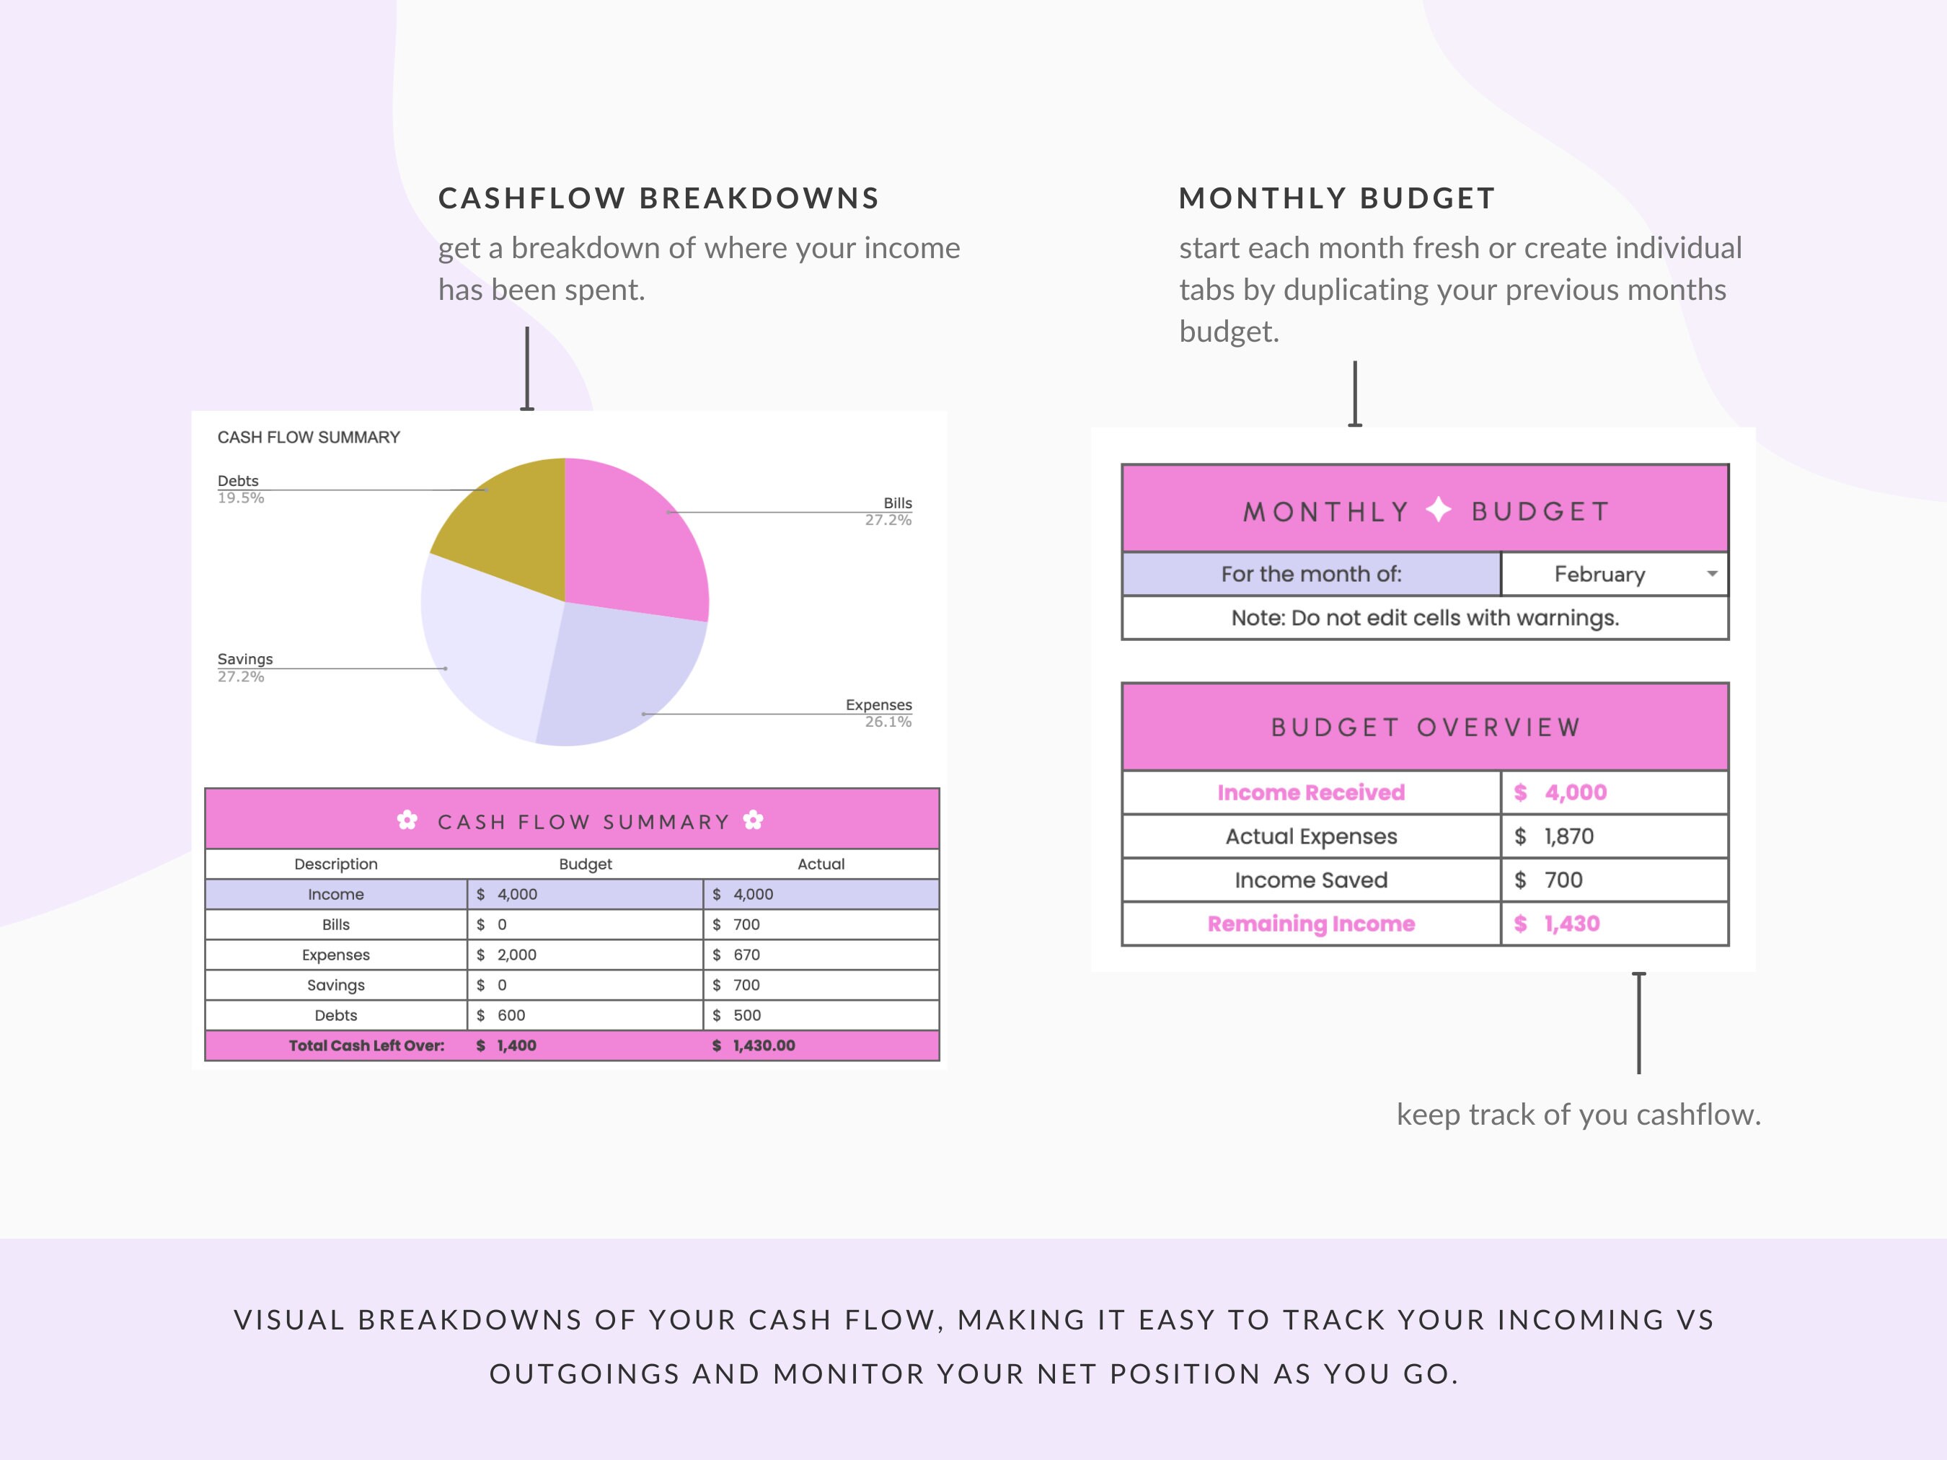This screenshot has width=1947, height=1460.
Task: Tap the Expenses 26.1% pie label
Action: point(878,713)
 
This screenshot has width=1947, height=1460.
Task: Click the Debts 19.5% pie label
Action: point(239,488)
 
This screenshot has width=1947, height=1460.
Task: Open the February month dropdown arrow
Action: point(1712,574)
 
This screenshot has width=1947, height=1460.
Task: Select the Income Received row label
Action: point(1310,792)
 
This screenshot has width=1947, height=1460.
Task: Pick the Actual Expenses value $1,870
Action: point(1568,836)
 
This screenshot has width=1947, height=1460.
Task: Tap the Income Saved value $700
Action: point(1563,880)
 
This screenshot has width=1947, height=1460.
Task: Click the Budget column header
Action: point(586,864)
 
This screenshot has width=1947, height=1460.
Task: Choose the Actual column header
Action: point(821,864)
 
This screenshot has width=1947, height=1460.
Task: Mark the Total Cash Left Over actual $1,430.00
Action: point(763,1045)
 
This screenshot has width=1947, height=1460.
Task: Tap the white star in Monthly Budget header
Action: point(1438,510)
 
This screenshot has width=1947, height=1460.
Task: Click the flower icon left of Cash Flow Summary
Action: point(407,820)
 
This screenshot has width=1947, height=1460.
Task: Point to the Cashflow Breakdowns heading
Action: point(658,198)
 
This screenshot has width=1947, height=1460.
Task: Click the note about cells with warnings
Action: point(1424,618)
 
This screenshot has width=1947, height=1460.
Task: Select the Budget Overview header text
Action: point(1425,727)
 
